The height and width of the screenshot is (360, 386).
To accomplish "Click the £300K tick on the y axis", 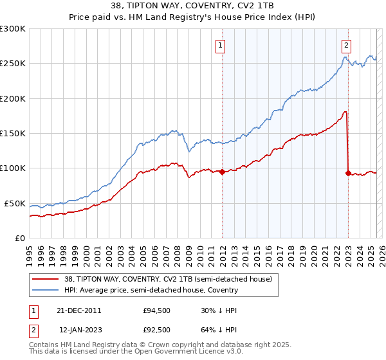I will pos(13,29).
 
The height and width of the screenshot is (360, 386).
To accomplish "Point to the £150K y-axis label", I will pos(13,134).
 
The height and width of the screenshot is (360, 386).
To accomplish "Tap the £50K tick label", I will pos(15,203).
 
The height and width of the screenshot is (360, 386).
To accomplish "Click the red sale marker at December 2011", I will pos(222,172).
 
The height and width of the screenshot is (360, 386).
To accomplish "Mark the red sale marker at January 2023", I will pos(348,173).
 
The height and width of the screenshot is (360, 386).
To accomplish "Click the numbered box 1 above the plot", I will pos(220,45).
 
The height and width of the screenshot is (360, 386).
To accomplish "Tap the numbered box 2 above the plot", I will pos(346,45).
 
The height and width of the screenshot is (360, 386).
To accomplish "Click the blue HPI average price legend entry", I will pos(150,290).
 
